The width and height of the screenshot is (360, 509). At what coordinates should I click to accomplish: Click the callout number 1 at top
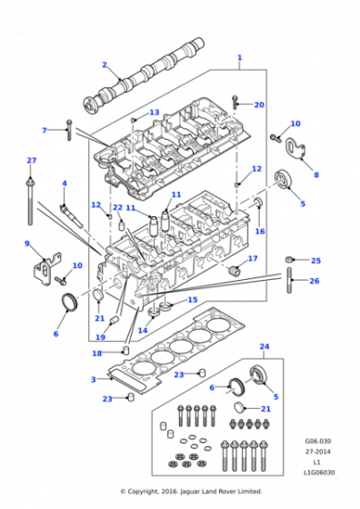[x=240, y=58]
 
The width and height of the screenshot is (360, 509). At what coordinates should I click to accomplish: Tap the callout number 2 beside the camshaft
[x=105, y=65]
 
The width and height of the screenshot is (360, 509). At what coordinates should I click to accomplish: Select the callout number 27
[x=32, y=160]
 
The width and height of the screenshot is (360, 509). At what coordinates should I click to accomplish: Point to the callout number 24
[x=265, y=346]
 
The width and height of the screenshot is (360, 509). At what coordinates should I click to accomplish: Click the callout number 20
[x=259, y=105]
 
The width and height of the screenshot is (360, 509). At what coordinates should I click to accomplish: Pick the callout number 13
[x=155, y=113]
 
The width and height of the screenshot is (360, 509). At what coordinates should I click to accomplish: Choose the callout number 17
[x=253, y=258]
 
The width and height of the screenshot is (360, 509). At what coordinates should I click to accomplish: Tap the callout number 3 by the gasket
[x=94, y=379]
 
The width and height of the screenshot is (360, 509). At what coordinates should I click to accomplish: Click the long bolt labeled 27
[x=30, y=201]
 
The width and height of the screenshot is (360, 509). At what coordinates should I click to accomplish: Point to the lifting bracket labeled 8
[x=295, y=149]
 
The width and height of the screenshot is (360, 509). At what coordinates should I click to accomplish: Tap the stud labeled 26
[x=290, y=280]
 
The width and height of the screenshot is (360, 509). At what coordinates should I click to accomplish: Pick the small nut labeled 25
[x=289, y=259]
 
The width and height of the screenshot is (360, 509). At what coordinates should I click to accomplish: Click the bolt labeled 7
[x=69, y=130]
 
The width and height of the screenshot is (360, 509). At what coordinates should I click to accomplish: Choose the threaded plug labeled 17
[x=234, y=271]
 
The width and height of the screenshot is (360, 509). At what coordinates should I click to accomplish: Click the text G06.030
[x=318, y=441]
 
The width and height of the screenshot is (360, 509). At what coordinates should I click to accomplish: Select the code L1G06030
[x=319, y=473]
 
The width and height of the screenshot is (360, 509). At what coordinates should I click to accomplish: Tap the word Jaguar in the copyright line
[x=189, y=492]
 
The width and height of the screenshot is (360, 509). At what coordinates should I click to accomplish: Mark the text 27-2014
[x=318, y=452]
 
